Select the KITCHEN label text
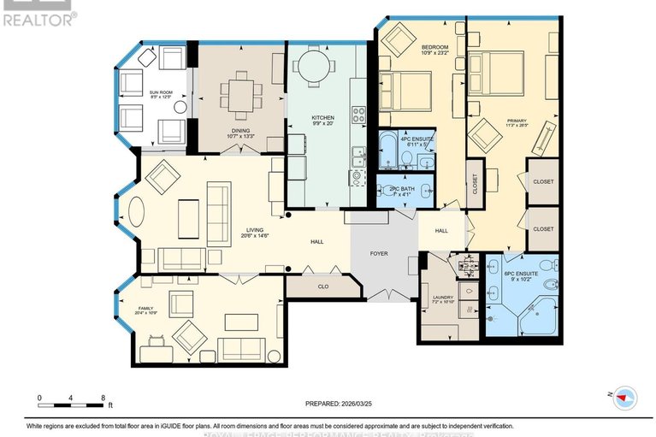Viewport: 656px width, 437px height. point(322,117)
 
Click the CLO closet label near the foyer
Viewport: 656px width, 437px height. point(323,287)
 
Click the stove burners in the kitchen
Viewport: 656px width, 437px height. point(359,114)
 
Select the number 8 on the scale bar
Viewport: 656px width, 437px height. point(103,399)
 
